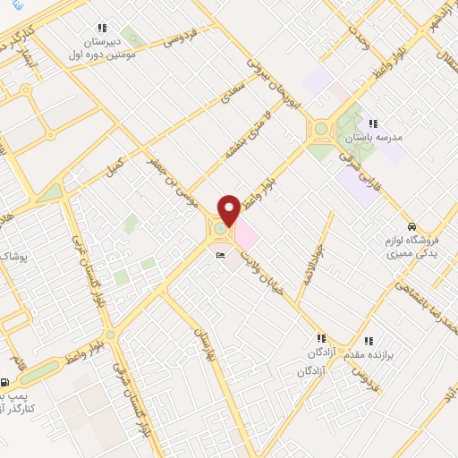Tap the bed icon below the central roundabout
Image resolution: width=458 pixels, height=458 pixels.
point(221,257)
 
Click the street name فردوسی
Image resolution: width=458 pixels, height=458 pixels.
point(180,38)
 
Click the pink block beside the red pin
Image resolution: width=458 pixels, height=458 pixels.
point(246,235)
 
